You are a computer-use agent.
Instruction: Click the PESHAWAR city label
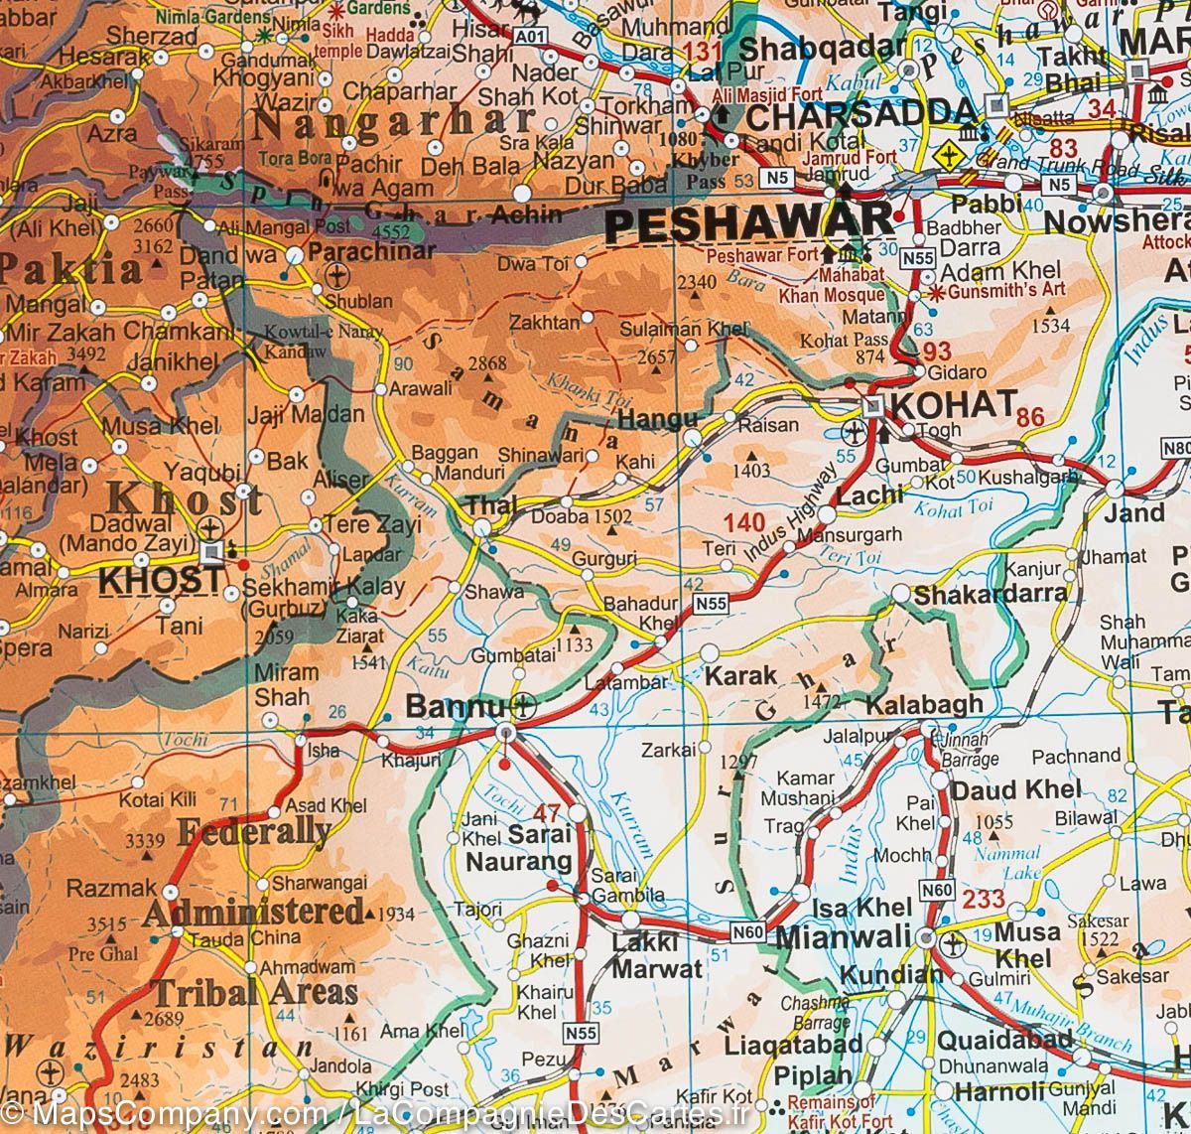coord(749,223)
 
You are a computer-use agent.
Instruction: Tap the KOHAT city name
coord(954,404)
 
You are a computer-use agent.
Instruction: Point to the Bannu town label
coord(456,707)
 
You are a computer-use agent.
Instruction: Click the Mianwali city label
coord(843,936)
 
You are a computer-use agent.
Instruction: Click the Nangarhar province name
coord(394,123)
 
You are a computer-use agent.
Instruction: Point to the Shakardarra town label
coord(991,594)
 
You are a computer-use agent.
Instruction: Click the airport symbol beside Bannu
coord(524,708)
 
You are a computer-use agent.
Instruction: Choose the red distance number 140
coord(744,522)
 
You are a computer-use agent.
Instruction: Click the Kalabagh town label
coord(924,704)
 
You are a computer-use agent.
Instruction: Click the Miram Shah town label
coord(286,684)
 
